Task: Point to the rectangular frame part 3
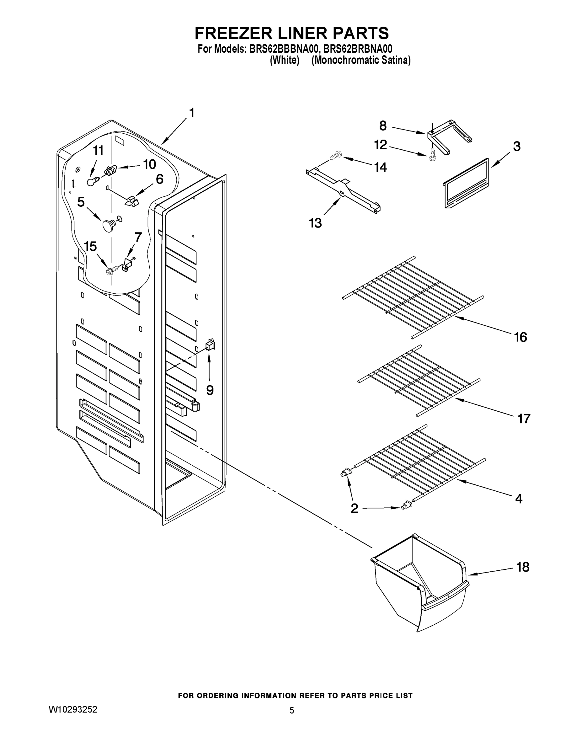pos(466,183)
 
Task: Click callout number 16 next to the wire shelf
pos(520,337)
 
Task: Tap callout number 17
pos(523,419)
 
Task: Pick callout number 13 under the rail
pos(315,223)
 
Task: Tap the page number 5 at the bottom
pos(292,710)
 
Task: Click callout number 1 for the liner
pos(192,113)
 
